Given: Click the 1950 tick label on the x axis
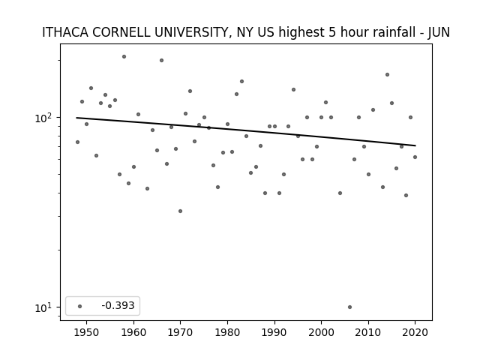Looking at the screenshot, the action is pyautogui.click(x=87, y=332).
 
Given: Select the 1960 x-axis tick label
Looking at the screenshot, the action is pyautogui.click(x=133, y=332).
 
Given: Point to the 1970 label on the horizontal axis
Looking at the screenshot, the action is pyautogui.click(x=180, y=332).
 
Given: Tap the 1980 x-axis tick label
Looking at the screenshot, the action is pyautogui.click(x=227, y=332).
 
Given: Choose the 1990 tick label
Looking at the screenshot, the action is pyautogui.click(x=274, y=332).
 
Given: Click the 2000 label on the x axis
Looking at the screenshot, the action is pyautogui.click(x=321, y=332).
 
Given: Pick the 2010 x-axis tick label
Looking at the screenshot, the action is pyautogui.click(x=368, y=332).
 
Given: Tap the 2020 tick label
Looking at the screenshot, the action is pyautogui.click(x=415, y=332).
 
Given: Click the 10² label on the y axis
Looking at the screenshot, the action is pyautogui.click(x=45, y=118).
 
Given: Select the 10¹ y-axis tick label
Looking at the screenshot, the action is pyautogui.click(x=45, y=307).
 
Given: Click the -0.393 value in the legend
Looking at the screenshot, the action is pyautogui.click(x=118, y=305).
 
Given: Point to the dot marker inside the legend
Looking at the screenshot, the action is pyautogui.click(x=79, y=306).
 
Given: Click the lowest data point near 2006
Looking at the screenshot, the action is pyautogui.click(x=349, y=307).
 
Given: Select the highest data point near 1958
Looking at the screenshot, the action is pyautogui.click(x=124, y=57).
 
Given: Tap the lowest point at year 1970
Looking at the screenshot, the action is pyautogui.click(x=180, y=211).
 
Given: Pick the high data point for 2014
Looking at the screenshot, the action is pyautogui.click(x=387, y=75).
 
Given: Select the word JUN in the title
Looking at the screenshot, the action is pyautogui.click(x=439, y=32).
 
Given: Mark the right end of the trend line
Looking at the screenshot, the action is pyautogui.click(x=415, y=145).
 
